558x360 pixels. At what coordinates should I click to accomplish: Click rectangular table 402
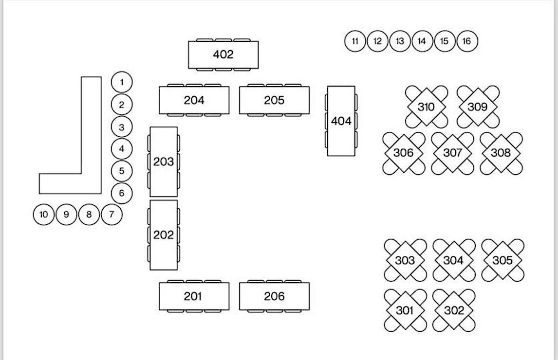point(223,54)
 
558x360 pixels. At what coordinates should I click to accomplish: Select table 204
point(194,100)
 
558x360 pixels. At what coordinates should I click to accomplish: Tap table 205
point(274,100)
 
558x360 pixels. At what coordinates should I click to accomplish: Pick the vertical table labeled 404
point(341,121)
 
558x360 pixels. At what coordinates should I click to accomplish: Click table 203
point(163,162)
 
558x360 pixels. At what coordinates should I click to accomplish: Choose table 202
point(163,235)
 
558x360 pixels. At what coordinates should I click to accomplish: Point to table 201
point(194,296)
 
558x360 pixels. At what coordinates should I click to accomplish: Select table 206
point(274,296)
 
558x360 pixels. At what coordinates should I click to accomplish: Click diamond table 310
point(426,107)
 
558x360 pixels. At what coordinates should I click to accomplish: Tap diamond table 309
point(477,107)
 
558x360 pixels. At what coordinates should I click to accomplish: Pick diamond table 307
point(452,153)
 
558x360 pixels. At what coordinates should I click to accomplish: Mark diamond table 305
point(502,260)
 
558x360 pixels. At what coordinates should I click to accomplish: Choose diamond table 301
point(405,310)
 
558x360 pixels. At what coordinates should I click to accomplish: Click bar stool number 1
point(122,82)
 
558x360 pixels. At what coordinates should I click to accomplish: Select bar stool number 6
point(122,193)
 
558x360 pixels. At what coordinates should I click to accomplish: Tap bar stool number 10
point(44,215)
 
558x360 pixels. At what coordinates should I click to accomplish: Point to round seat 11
point(355,41)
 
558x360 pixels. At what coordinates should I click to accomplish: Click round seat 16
point(466,41)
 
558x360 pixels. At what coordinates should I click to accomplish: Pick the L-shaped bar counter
point(91,146)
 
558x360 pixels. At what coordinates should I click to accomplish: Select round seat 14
point(422,41)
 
